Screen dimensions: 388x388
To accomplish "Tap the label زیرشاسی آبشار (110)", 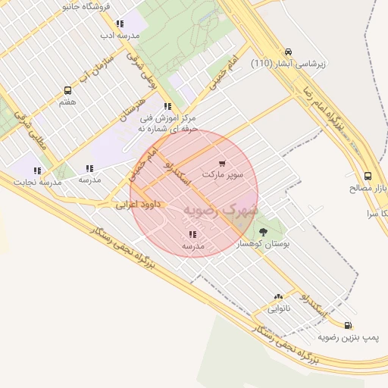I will point(288,64).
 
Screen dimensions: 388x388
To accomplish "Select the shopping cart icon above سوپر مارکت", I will point(222,163).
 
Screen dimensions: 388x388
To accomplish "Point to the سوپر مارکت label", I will point(223,174).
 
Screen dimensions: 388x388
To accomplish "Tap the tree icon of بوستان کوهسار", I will point(263,232).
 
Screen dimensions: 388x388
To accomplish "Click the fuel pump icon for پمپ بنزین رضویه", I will point(348,325).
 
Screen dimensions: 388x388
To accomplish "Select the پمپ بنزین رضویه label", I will point(348,336).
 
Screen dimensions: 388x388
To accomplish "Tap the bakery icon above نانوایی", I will point(278,298).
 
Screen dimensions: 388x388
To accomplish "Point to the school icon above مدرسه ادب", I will point(120,23).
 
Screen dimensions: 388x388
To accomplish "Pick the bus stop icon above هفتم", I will point(68,90).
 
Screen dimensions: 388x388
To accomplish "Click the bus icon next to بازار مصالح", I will point(368,176).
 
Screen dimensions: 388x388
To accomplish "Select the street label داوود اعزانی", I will point(139,205).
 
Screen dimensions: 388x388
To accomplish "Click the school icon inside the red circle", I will point(192,234).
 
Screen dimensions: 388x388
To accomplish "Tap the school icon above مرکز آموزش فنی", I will point(167,106).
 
